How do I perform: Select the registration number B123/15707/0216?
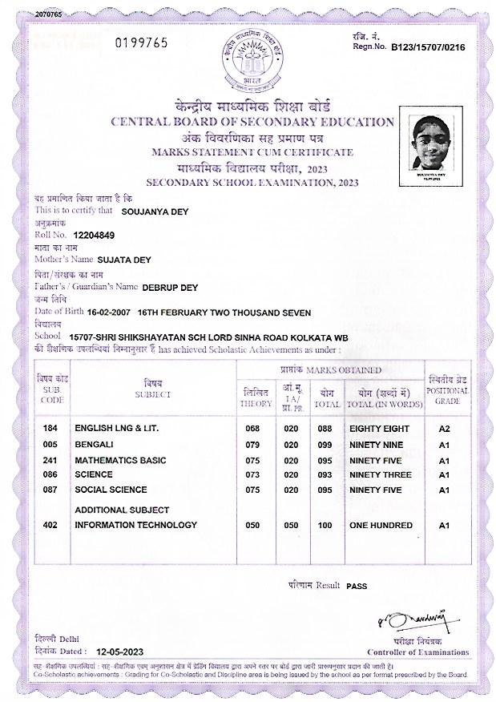[428, 48]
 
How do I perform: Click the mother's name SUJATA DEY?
[123, 260]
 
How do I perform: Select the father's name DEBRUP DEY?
[171, 286]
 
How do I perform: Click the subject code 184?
[50, 429]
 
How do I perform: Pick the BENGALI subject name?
[94, 444]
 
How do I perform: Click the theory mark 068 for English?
[252, 429]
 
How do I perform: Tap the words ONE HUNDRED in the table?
[381, 526]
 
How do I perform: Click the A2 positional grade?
[446, 429]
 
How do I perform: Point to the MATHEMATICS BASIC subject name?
[120, 459]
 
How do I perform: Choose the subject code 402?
[50, 526]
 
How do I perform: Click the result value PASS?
[357, 587]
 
